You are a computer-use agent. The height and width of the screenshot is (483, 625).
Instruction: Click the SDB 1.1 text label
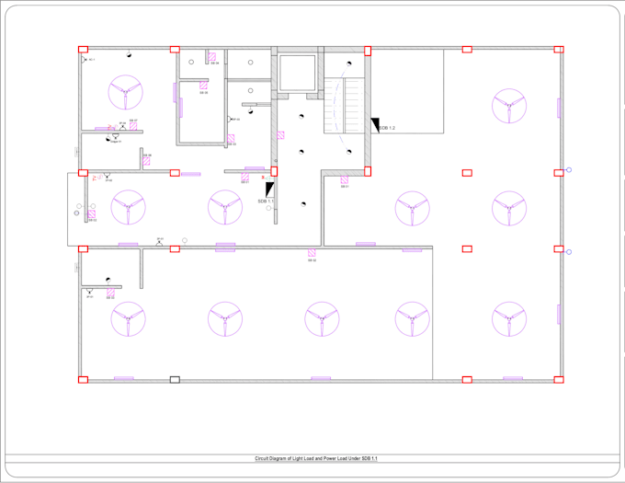[x=266, y=200]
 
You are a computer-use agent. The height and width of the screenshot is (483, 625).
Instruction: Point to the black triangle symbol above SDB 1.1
[x=269, y=189]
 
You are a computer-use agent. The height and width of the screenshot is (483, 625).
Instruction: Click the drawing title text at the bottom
[x=316, y=457]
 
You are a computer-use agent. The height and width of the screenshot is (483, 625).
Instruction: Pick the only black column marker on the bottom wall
[x=175, y=379]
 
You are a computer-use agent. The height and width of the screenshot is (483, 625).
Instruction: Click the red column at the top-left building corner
[x=83, y=50]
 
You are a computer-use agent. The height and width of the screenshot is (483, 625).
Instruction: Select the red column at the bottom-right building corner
[x=558, y=379]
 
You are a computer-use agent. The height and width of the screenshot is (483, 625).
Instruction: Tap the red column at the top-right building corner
[x=558, y=50]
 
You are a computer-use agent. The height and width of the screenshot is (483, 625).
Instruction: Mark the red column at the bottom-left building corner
[x=83, y=379]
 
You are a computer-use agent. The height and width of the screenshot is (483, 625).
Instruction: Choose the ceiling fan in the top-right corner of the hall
[x=507, y=105]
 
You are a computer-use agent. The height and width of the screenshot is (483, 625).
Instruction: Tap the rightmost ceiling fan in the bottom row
[x=507, y=319]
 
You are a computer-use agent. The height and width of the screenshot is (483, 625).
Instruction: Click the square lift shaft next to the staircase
[x=296, y=72]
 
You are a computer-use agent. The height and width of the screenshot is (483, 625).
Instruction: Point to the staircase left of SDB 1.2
[x=344, y=105]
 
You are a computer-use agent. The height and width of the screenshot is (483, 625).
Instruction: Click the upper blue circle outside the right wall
[x=569, y=170]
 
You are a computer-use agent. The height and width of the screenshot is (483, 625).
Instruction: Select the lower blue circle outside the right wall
[x=569, y=251]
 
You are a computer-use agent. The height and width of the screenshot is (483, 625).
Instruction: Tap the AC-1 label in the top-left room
[x=91, y=60]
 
